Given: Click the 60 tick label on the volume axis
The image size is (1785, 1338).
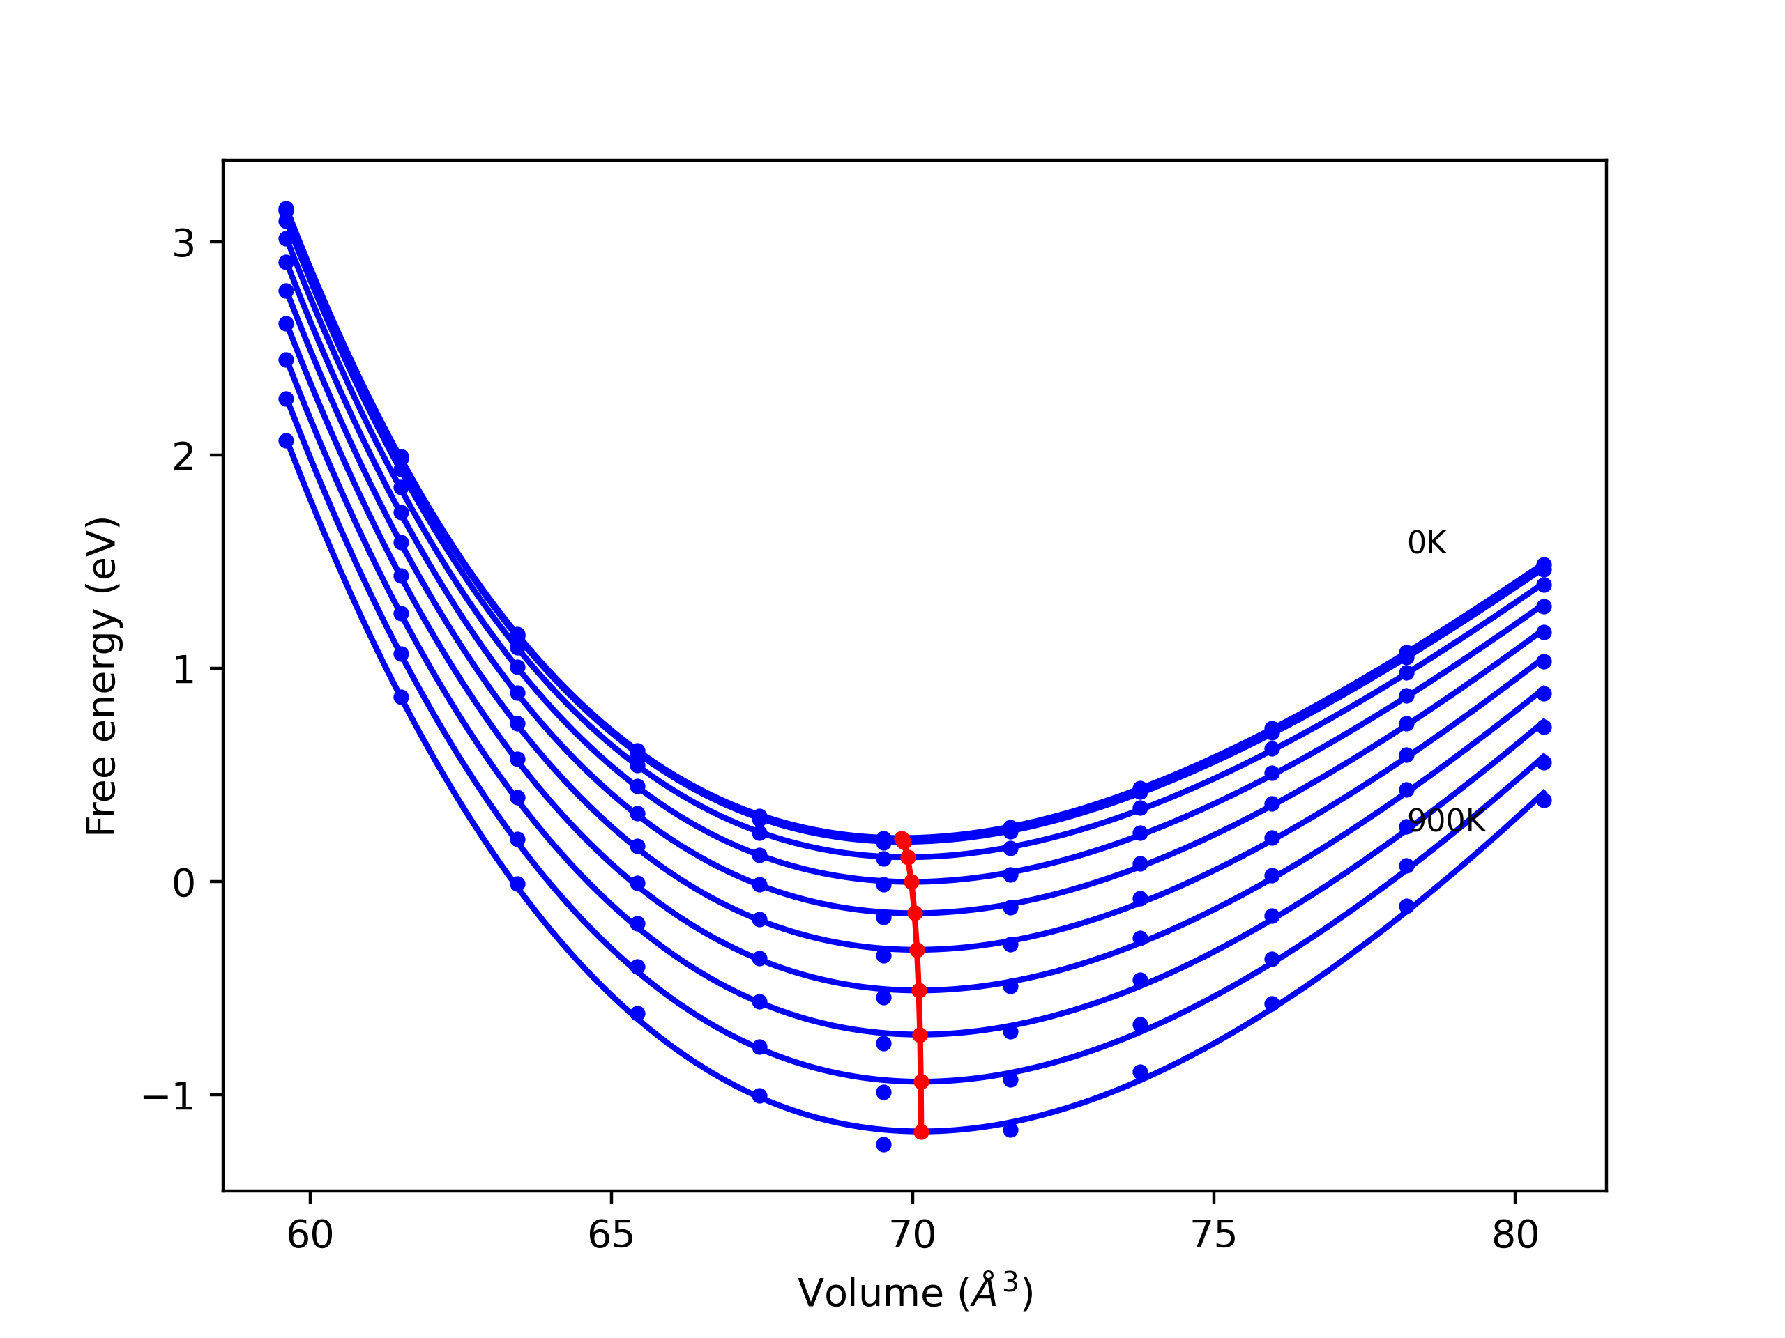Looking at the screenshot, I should pyautogui.click(x=310, y=1236).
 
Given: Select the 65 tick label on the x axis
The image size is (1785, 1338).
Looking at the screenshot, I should pyautogui.click(x=611, y=1236).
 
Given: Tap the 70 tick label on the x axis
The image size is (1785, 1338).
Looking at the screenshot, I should pyautogui.click(x=913, y=1236).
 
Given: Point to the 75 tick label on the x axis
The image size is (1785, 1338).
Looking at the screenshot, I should pyautogui.click(x=1214, y=1236).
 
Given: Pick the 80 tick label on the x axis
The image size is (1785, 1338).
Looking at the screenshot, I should pyautogui.click(x=1514, y=1236).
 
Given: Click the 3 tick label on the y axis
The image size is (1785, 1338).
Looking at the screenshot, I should pyautogui.click(x=183, y=243).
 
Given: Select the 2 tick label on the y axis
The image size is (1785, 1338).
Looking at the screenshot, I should pyautogui.click(x=183, y=456).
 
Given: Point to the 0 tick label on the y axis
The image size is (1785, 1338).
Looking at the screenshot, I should pyautogui.click(x=183, y=883).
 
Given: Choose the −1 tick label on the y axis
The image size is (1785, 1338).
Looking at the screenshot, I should pyautogui.click(x=169, y=1096).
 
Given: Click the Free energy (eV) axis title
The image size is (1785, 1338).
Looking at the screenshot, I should pyautogui.click(x=102, y=677).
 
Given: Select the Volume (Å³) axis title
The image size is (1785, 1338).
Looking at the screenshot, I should pyautogui.click(x=915, y=1293).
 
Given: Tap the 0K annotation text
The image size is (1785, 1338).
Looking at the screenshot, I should pyautogui.click(x=1427, y=543).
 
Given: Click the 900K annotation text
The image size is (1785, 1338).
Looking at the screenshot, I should pyautogui.click(x=1446, y=821).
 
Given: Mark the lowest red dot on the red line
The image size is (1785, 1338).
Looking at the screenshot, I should pyautogui.click(x=922, y=1132).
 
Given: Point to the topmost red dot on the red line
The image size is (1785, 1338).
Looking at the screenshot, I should pyautogui.click(x=902, y=839).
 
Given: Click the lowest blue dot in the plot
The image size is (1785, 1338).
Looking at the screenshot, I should pyautogui.click(x=883, y=1144).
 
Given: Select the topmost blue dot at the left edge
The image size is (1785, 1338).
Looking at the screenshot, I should pyautogui.click(x=287, y=209).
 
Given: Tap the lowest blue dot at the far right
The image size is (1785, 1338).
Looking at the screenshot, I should pyautogui.click(x=1544, y=800).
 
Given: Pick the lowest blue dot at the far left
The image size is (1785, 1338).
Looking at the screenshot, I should pyautogui.click(x=287, y=440).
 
